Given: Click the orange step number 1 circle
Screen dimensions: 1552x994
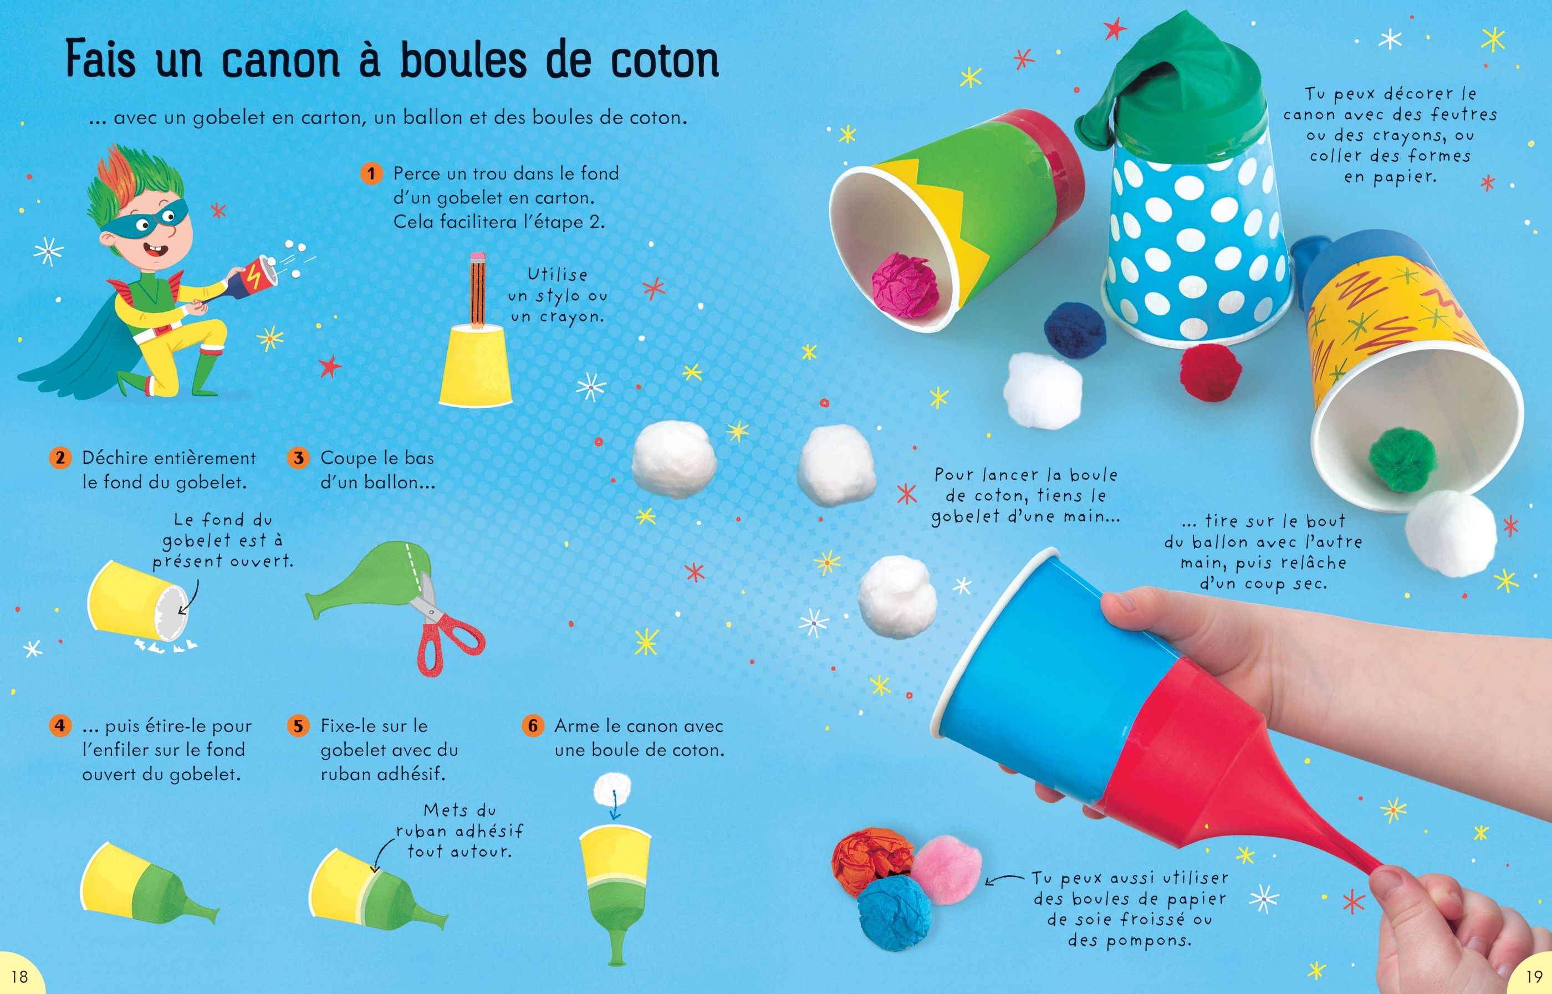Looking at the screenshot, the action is (371, 173).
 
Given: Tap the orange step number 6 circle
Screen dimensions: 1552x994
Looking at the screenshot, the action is (533, 725).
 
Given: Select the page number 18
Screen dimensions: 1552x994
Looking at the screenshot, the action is (20, 975).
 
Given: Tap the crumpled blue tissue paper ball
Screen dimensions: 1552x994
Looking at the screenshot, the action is (894, 913).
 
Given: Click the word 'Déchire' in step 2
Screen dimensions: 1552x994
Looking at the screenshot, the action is (118, 458).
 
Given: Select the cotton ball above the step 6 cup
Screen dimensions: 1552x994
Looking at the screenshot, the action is (611, 789).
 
